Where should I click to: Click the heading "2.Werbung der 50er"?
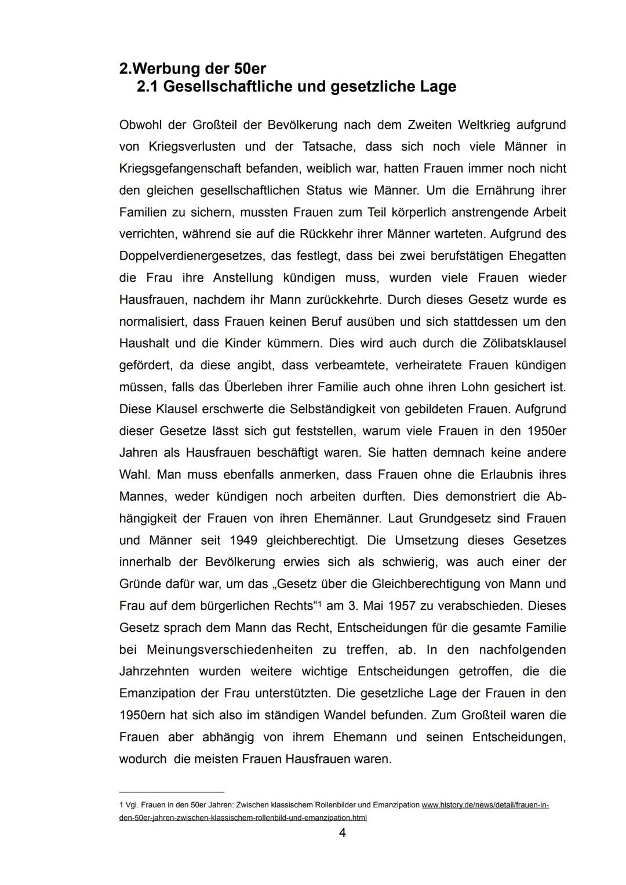[192, 68]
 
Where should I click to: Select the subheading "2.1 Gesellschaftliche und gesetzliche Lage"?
[296, 87]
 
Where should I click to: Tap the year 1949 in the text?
[243, 540]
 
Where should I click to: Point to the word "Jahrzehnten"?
[154, 672]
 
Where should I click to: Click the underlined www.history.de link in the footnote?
[485, 805]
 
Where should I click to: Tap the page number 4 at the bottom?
[342, 833]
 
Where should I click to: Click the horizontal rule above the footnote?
[172, 792]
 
